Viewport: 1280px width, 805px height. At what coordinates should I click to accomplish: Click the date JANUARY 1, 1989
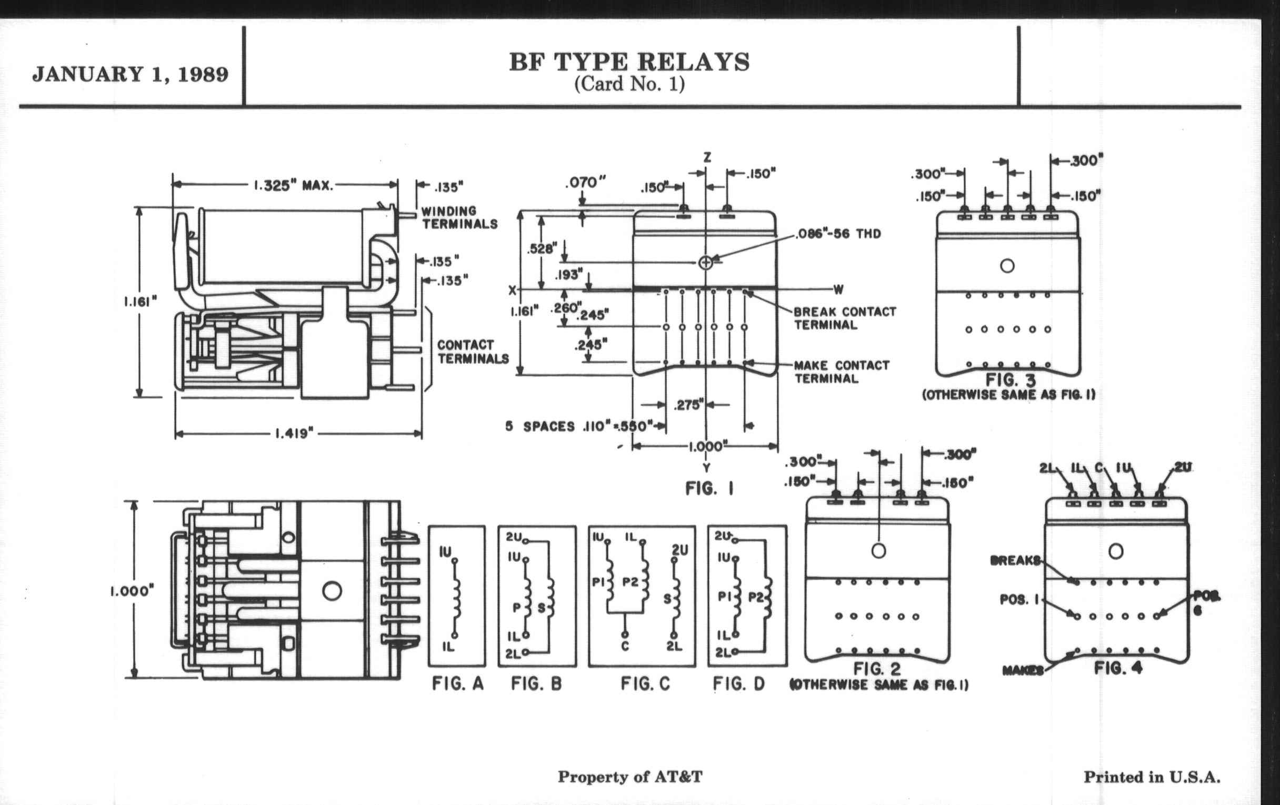(130, 74)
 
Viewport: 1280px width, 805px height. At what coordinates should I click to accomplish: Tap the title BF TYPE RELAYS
(629, 62)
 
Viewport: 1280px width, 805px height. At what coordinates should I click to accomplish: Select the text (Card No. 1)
(629, 84)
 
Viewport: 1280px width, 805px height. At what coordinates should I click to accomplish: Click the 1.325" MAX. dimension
(293, 185)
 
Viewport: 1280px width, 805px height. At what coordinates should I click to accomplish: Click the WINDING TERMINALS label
(459, 218)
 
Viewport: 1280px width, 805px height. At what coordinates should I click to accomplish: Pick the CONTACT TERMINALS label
(473, 352)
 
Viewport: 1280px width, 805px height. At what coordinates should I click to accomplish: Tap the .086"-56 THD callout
(838, 234)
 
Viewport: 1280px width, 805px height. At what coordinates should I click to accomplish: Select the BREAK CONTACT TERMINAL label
(845, 318)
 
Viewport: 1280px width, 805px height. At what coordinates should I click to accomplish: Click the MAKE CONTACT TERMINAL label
(841, 372)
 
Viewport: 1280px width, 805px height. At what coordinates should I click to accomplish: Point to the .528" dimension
(542, 248)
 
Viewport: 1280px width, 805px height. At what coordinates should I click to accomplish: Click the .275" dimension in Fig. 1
(688, 406)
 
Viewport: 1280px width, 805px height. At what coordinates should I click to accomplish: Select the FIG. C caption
(645, 683)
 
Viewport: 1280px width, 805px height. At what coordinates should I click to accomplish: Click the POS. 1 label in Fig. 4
(1018, 600)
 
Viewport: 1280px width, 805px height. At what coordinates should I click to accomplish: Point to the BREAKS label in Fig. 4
(1015, 560)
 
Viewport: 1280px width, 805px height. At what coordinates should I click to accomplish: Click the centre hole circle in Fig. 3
(1007, 266)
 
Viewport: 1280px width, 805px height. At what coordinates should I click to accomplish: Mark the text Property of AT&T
(630, 777)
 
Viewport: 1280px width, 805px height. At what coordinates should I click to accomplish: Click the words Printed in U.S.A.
(1152, 777)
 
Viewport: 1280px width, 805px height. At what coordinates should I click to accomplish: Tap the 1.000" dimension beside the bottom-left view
(132, 591)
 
